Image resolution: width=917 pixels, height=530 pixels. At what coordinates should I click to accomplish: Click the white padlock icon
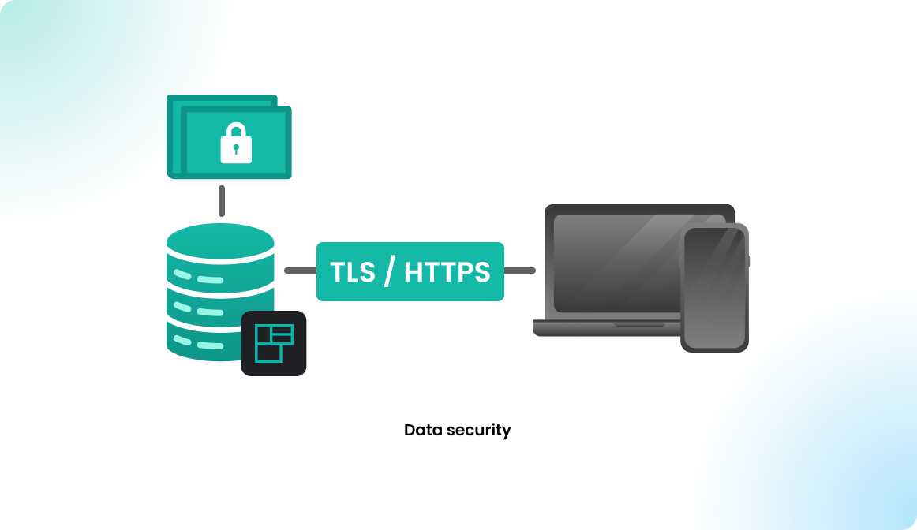pyautogui.click(x=236, y=145)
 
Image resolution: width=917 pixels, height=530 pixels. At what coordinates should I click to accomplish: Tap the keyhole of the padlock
pyautogui.click(x=236, y=149)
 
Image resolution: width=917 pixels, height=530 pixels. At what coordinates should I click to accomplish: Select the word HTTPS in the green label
pyautogui.click(x=447, y=272)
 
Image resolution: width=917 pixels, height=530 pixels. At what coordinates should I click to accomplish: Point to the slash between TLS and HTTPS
pyautogui.click(x=388, y=271)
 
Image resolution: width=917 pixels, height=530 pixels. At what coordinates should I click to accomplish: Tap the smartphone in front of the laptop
pyautogui.click(x=714, y=288)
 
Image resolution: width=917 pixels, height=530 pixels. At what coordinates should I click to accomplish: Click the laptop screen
pyautogui.click(x=616, y=260)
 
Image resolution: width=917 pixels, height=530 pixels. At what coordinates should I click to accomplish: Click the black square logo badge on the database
pyautogui.click(x=273, y=343)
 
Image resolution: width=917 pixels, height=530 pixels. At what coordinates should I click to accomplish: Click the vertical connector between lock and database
pyautogui.click(x=222, y=201)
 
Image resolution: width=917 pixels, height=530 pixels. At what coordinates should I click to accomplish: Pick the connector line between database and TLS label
pyautogui.click(x=300, y=271)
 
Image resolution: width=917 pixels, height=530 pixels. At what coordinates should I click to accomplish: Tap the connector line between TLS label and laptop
pyautogui.click(x=519, y=271)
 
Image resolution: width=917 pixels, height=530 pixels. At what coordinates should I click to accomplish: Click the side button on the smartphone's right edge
pyautogui.click(x=749, y=261)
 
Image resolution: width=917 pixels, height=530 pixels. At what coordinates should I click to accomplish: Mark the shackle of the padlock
pyautogui.click(x=236, y=131)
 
